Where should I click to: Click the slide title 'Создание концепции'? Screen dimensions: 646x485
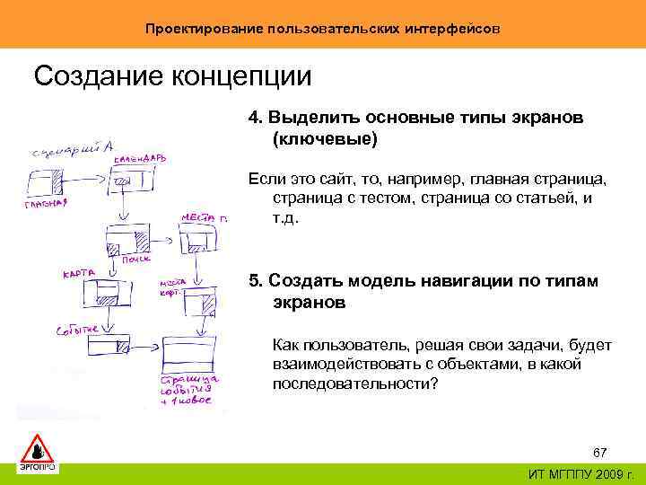coord(172,76)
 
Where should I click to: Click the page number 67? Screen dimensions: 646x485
coord(600,450)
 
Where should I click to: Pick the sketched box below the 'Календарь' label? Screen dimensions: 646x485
coord(135,181)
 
